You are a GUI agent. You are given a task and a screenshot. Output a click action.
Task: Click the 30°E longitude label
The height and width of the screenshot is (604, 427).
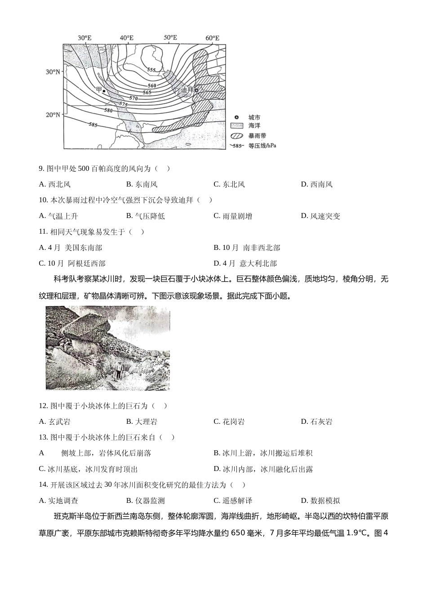tap(84, 38)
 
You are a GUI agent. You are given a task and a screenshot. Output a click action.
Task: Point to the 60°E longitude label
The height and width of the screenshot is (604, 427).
tap(212, 38)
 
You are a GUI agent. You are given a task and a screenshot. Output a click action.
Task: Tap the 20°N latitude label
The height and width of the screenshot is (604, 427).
tap(53, 115)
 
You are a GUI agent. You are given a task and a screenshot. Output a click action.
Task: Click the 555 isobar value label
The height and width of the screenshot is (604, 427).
tap(151, 70)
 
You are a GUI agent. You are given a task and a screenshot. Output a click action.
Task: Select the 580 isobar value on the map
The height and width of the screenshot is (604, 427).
tap(108, 110)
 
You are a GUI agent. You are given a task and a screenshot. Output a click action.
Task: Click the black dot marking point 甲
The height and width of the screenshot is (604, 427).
tap(104, 91)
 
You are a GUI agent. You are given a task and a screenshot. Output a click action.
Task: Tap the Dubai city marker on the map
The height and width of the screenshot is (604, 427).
tap(196, 90)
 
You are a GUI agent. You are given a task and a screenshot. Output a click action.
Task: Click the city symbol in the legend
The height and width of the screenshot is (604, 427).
tap(236, 118)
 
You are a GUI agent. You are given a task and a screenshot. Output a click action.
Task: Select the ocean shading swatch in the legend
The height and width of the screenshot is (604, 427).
tap(236, 126)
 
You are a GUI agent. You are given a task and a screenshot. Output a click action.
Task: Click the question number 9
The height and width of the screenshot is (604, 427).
tap(41, 169)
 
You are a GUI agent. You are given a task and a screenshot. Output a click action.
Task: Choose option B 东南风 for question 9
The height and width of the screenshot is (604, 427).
tap(142, 184)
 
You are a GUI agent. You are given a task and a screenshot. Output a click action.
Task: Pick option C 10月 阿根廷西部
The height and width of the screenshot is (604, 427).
tap(72, 263)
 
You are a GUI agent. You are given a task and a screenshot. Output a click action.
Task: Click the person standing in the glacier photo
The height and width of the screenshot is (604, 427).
tap(118, 370)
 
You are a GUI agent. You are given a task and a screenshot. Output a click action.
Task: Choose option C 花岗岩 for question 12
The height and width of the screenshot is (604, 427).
tap(229, 422)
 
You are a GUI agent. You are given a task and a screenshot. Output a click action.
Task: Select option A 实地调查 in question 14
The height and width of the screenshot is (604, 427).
tap(58, 501)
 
